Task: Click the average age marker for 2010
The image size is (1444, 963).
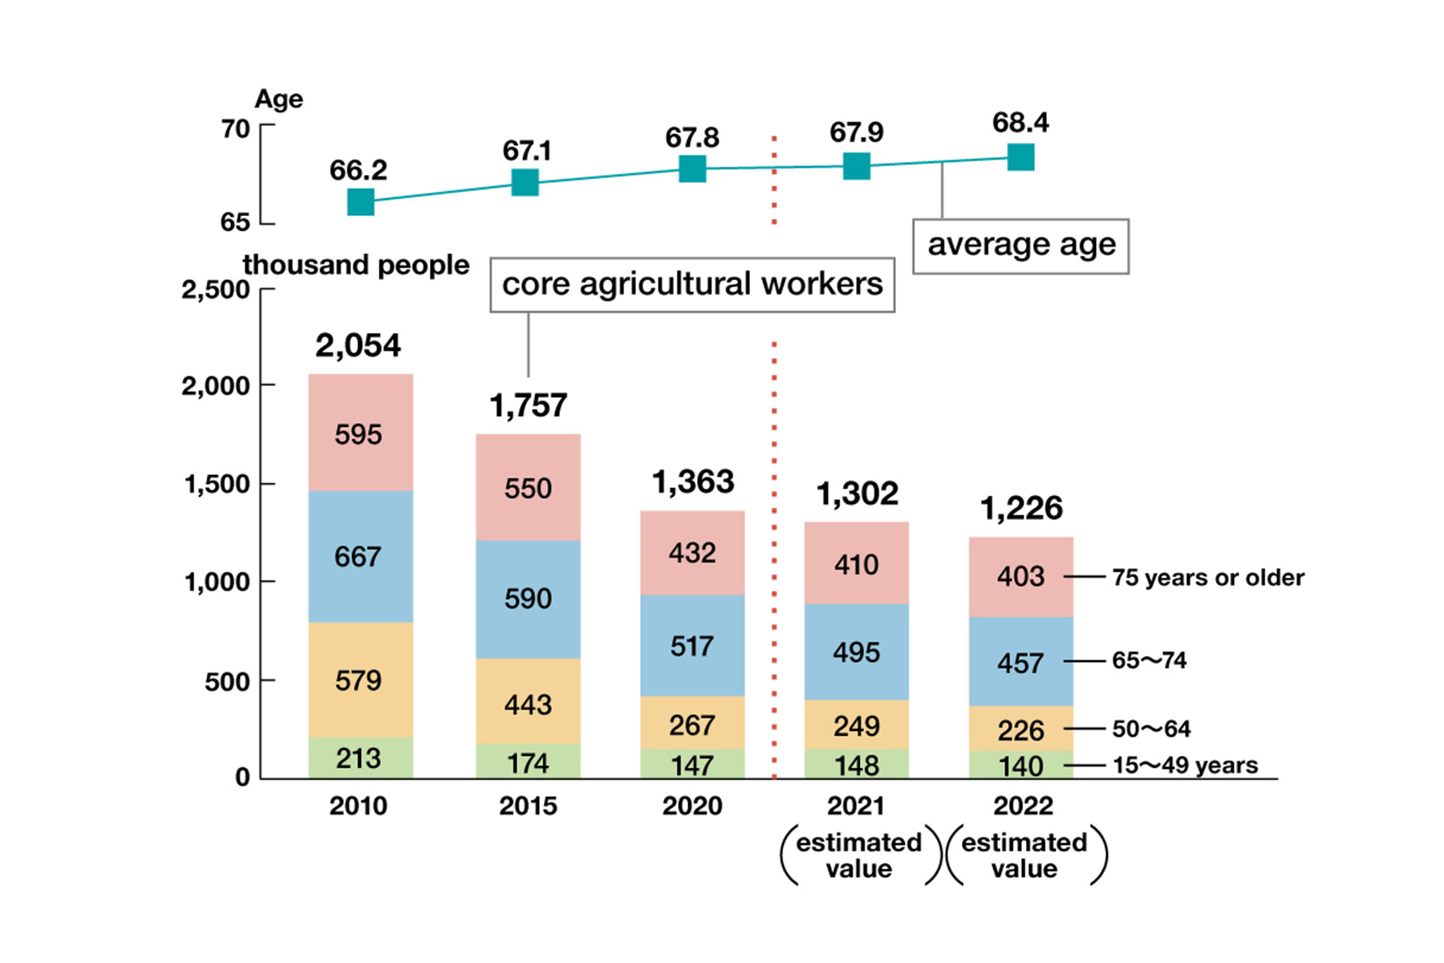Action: coord(361,201)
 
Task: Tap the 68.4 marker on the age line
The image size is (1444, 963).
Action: coord(1020,157)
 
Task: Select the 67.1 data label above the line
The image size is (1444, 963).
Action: coord(526,150)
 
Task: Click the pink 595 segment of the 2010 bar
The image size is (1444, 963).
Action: coord(360,433)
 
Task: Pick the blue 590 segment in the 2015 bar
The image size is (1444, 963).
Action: coord(528,599)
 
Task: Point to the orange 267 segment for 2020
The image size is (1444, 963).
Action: coord(692,724)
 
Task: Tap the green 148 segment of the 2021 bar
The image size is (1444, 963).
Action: coord(856,764)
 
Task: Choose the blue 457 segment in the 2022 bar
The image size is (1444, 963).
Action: coord(1020,662)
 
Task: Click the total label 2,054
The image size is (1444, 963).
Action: coord(358,345)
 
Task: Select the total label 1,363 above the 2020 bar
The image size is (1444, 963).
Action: coord(692,481)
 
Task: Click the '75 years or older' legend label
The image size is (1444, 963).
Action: coord(1207,577)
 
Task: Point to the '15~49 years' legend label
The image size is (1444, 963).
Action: coord(1185,765)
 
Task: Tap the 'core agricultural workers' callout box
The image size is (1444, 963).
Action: coord(692,284)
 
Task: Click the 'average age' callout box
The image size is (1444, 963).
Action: coord(1020,246)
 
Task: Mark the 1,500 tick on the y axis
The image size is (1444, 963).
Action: coord(217,484)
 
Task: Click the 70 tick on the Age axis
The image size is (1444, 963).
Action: coord(235,128)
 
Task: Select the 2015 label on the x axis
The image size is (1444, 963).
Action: coord(528,805)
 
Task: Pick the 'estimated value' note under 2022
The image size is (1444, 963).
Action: coord(1024,855)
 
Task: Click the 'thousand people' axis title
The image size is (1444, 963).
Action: coord(355,264)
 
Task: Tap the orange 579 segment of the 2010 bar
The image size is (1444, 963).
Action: coord(360,680)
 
